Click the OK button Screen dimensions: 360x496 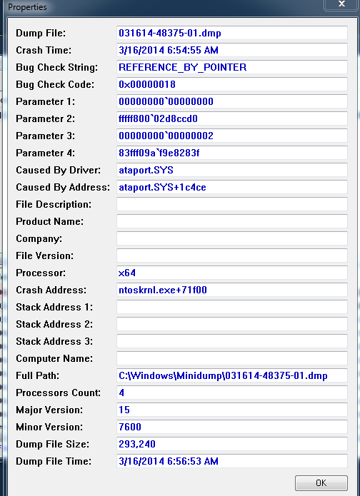[321, 482]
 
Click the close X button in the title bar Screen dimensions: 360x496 [341, 4]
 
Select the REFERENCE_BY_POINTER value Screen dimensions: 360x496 [182, 67]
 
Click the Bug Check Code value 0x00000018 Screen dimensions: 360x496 [147, 84]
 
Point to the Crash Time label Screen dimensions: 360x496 [44, 50]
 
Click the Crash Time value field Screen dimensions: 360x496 [231, 50]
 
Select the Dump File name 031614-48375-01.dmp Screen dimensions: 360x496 [170, 34]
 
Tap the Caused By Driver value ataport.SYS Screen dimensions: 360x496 [146, 170]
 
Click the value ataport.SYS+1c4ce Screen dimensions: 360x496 [162, 187]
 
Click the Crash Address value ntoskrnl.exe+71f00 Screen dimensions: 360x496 [163, 290]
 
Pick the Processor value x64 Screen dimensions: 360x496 [127, 273]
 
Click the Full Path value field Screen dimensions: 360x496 [231, 375]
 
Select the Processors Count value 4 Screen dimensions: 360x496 [121, 393]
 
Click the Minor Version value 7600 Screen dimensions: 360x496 [130, 427]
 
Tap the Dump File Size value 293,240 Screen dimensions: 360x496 [137, 444]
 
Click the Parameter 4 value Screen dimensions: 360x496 [159, 153]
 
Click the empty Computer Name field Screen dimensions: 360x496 [231, 358]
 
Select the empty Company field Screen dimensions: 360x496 [231, 238]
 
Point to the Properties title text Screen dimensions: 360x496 [27, 7]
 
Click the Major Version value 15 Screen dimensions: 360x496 [124, 410]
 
